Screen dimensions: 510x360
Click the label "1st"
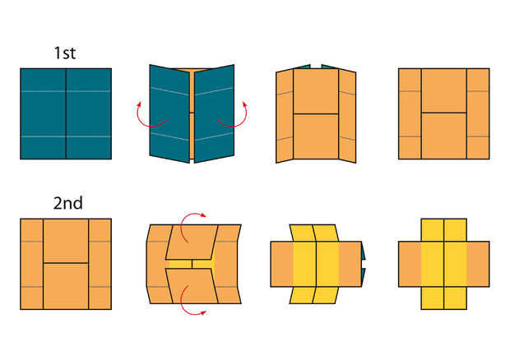coord(65,53)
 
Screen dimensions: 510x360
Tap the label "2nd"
coord(67,203)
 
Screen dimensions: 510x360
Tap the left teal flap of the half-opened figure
coord(169,113)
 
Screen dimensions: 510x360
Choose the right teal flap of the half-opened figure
coord(214,113)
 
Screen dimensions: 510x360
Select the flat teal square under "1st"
coord(66,113)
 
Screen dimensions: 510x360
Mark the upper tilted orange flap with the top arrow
coord(192,242)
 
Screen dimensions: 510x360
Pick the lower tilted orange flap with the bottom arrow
coord(192,286)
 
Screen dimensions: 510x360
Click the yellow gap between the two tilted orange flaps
coord(192,264)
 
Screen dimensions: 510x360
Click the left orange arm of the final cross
coord(410,264)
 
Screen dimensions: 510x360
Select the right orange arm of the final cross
coord(478,264)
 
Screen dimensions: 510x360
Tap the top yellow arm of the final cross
coord(444,230)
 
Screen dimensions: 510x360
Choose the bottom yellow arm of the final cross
coord(444,298)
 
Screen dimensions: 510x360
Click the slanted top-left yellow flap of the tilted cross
coord(304,233)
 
